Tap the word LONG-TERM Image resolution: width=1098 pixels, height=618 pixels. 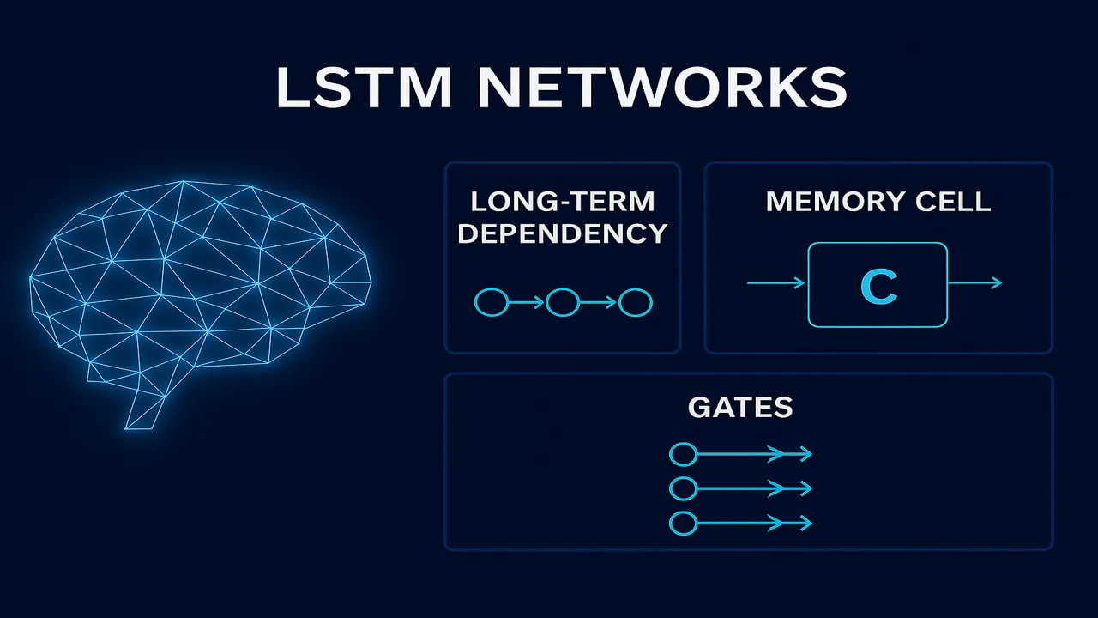click(563, 202)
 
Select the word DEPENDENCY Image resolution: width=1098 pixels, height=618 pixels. click(563, 233)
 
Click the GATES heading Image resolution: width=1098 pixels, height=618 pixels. click(740, 407)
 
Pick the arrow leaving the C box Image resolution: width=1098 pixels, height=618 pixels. click(974, 282)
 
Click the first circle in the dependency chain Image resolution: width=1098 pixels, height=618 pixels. click(491, 302)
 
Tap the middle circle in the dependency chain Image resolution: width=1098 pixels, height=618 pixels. click(563, 302)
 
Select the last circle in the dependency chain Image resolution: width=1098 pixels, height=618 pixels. click(636, 302)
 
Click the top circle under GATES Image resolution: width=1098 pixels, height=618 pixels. click(682, 454)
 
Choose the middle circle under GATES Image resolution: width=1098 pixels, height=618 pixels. click(682, 488)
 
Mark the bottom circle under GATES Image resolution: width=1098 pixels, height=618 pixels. click(682, 523)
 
